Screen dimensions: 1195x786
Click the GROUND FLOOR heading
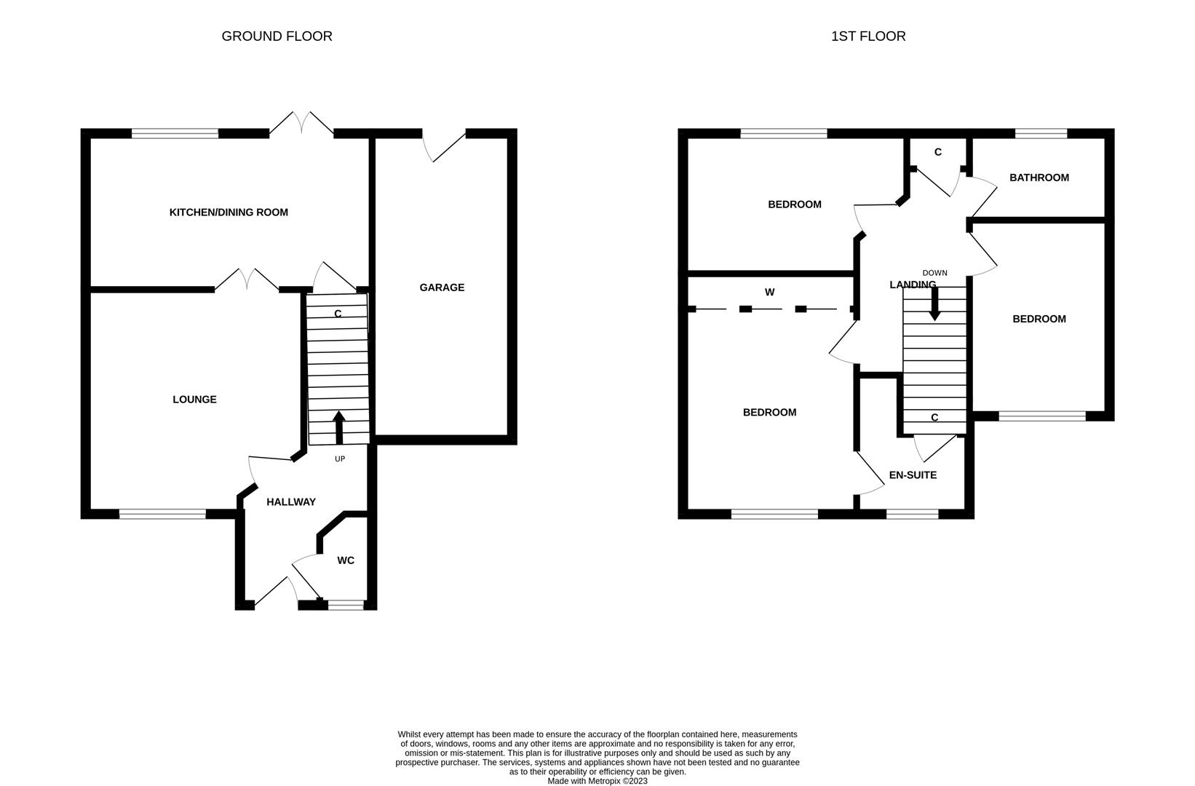[277, 36]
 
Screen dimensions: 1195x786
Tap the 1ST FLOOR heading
[868, 36]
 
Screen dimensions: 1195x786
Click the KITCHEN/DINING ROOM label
[229, 213]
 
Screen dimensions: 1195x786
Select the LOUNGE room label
[195, 399]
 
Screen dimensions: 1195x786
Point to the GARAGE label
[442, 287]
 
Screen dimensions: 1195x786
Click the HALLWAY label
[291, 502]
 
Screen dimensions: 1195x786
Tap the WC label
[346, 560]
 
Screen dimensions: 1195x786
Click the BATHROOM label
[1039, 178]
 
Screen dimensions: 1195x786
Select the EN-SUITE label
[913, 475]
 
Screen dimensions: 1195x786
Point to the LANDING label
[913, 285]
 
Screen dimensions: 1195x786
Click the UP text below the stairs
[340, 459]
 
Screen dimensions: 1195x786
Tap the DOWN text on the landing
[934, 273]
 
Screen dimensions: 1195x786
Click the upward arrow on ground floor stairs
[339, 427]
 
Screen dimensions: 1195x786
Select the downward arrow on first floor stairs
[934, 303]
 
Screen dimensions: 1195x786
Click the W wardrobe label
[769, 292]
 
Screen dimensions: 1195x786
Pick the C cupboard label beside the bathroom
[938, 152]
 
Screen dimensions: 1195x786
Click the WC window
[346, 605]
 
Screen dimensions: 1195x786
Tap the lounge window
[163, 514]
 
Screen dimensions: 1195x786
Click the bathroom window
[1041, 133]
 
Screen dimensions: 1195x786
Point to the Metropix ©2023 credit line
[597, 781]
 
